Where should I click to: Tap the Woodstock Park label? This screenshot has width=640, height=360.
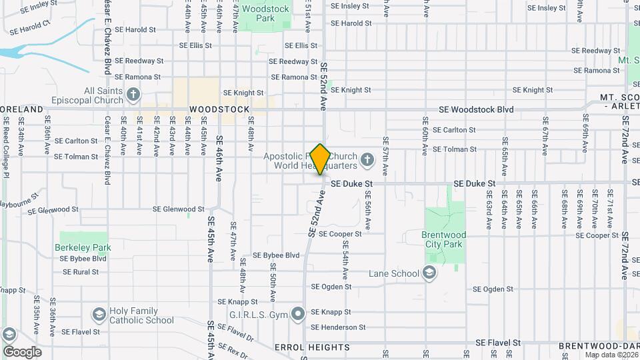click(265, 13)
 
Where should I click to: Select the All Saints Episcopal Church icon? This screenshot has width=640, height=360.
click(133, 95)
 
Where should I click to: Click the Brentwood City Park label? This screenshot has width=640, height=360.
click(443, 239)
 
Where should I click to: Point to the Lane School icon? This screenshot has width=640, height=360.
click(430, 273)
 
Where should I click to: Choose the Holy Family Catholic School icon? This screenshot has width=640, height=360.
click(99, 315)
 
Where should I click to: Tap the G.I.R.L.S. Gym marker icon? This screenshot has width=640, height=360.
click(299, 313)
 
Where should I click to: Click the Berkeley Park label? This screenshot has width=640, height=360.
click(85, 247)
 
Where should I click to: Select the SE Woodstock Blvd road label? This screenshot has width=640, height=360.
click(476, 109)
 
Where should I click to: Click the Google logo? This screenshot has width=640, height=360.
click(22, 352)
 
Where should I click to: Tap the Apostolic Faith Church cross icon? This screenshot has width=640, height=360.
click(367, 160)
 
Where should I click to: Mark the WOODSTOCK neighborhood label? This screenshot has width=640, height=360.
click(219, 109)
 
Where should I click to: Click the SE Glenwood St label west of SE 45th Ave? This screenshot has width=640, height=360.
click(53, 210)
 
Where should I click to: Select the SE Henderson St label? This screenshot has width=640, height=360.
click(338, 327)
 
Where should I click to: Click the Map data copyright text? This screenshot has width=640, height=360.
click(611, 355)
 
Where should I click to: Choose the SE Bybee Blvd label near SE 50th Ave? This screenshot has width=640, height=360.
click(276, 255)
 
